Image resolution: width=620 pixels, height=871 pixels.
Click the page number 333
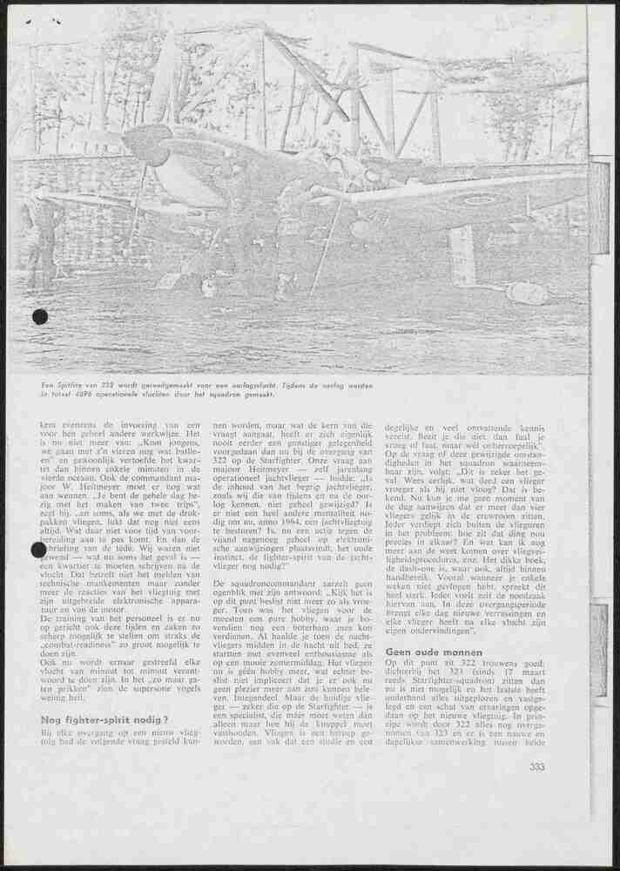538,767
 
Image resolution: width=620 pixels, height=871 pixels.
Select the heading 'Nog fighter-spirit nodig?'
104,719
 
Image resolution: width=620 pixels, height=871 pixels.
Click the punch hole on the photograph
40,316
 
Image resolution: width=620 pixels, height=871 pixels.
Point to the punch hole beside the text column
38,550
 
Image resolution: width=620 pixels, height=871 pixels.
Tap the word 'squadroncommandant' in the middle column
269,581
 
